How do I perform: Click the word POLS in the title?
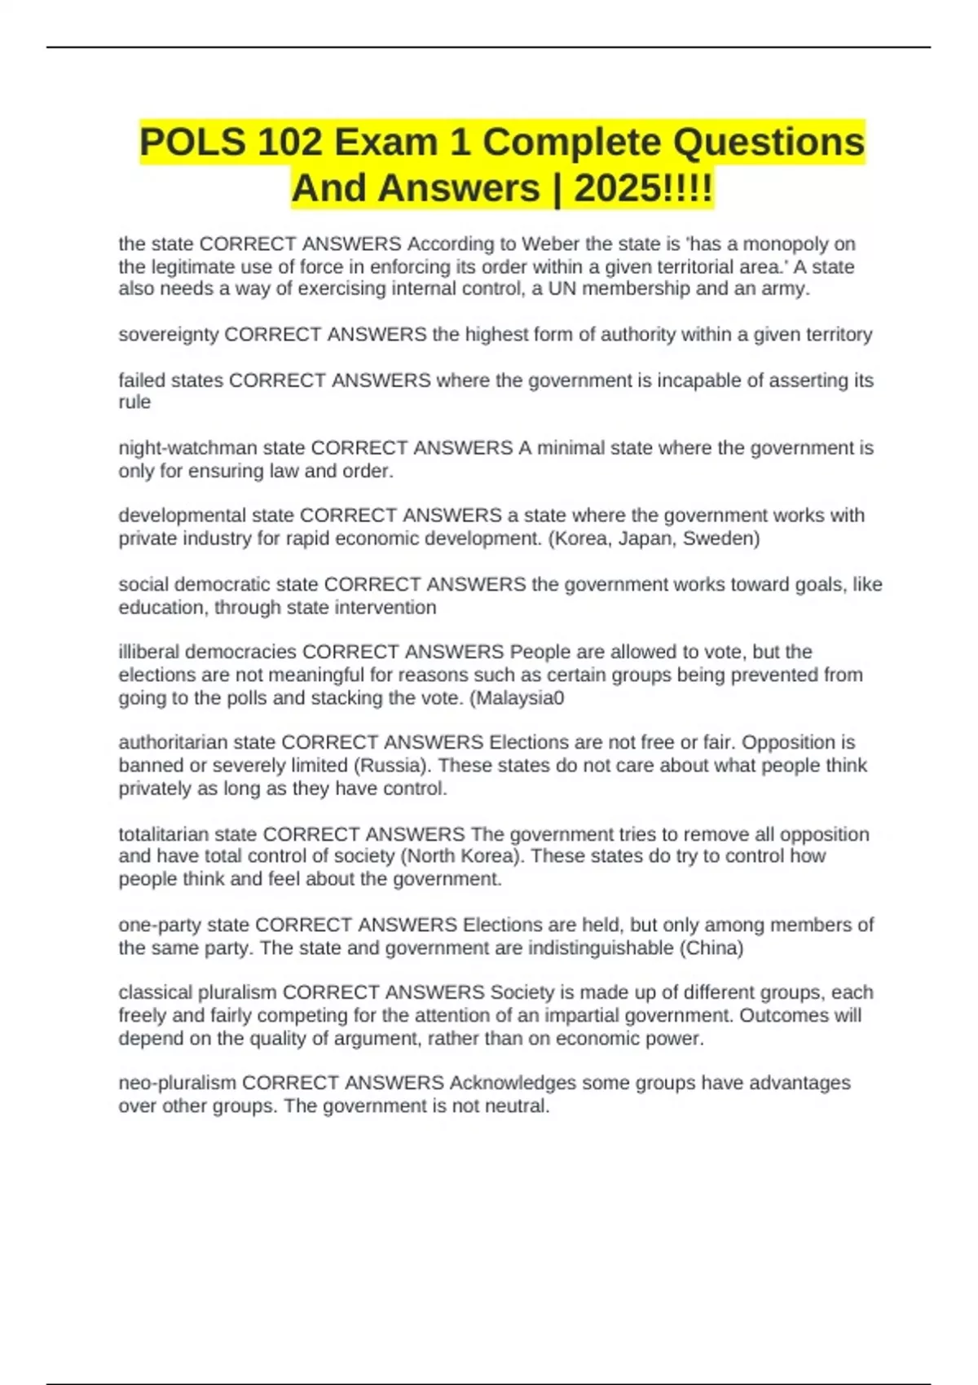coord(192,143)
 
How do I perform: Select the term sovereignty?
coord(169,334)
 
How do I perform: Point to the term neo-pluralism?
coord(178,1083)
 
